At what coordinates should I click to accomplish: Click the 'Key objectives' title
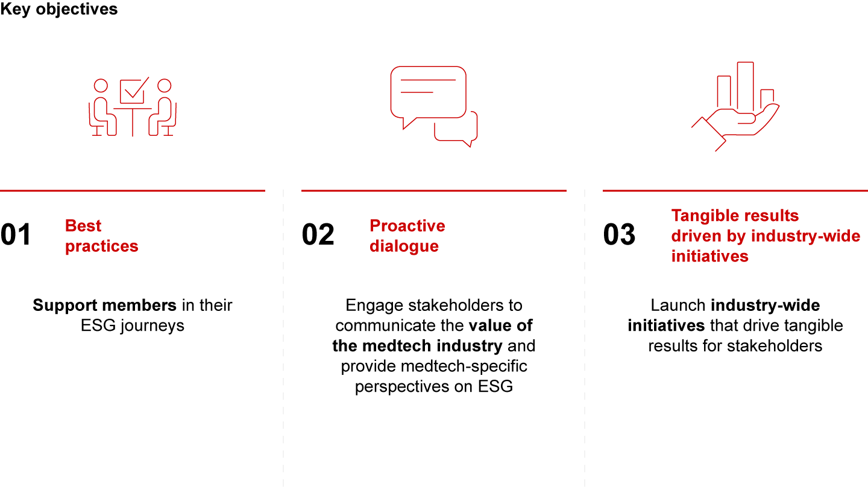pos(58,9)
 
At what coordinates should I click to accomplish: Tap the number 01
pos(16,234)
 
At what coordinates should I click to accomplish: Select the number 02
pos(318,234)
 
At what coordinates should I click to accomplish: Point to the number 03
pos(619,234)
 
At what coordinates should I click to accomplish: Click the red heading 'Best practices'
pos(101,235)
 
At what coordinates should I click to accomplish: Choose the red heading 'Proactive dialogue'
pos(407,235)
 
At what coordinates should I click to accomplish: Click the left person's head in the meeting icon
pos(101,85)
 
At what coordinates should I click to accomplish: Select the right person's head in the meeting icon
pos(165,85)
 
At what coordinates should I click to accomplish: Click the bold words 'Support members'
pos(105,305)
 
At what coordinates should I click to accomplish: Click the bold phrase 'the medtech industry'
pos(417,346)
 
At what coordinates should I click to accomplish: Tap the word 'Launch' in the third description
pos(678,305)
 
